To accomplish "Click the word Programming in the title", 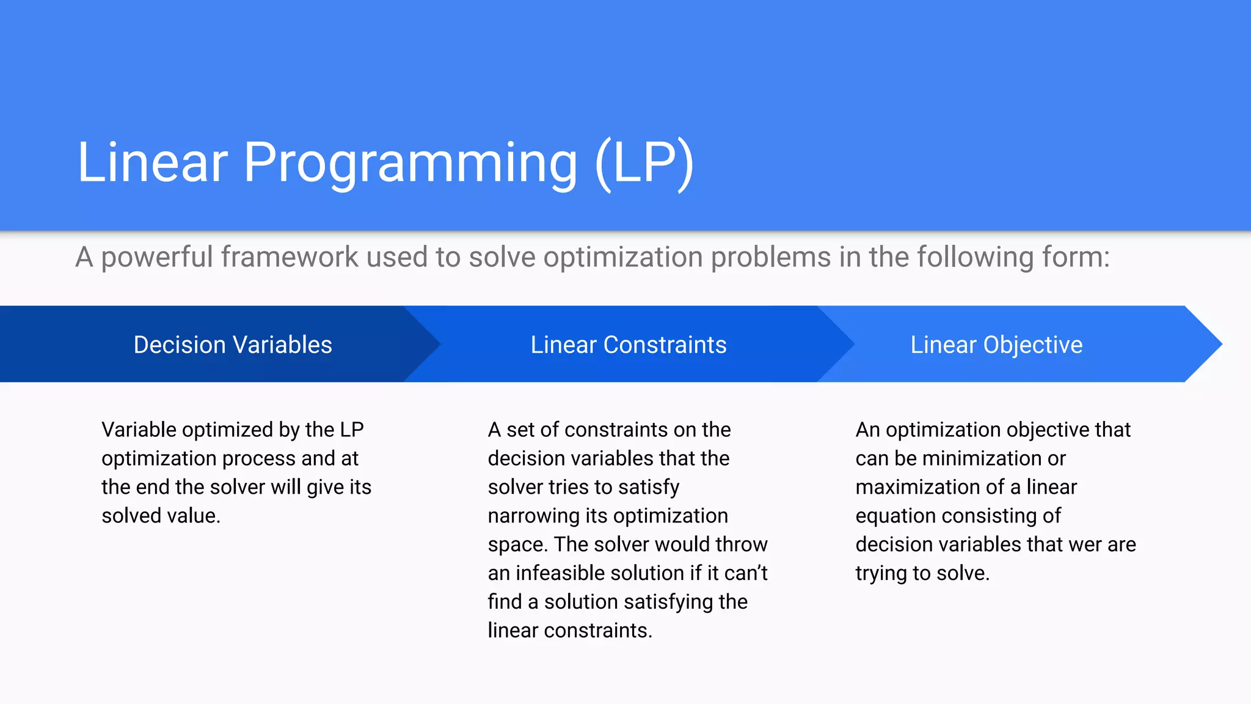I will pos(410,163).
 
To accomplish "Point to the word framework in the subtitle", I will pos(290,257).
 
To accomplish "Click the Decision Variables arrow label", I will pos(233,345).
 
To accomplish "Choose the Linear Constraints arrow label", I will pos(629,345).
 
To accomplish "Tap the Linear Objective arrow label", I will pos(996,345).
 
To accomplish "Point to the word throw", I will pos(741,544).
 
